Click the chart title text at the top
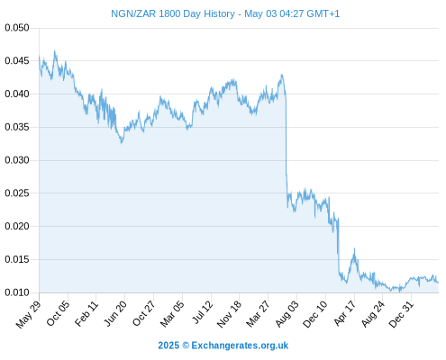[225, 13]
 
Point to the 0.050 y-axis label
[17, 28]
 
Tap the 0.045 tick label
[17, 61]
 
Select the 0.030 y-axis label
[17, 160]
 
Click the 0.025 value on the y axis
[17, 193]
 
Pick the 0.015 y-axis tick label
[17, 259]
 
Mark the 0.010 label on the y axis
[17, 292]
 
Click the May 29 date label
[28, 314]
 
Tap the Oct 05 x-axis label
[58, 313]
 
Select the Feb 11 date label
[86, 313]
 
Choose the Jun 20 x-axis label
[115, 313]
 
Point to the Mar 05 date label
[172, 313]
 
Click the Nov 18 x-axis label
[229, 313]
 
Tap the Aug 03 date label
[287, 313]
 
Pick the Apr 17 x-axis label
[344, 312]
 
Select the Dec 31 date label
[401, 313]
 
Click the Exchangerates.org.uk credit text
[223, 346]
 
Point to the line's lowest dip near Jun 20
[122, 143]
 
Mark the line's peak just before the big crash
[281, 75]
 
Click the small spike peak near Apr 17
[354, 248]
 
